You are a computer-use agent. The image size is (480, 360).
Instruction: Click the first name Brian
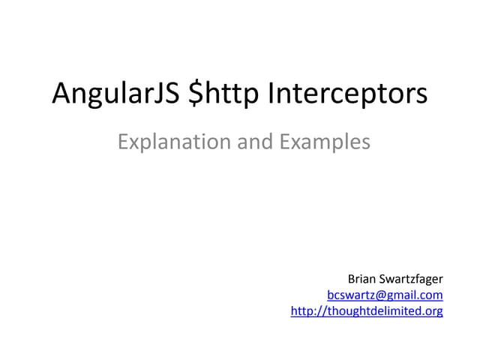[x=363, y=280]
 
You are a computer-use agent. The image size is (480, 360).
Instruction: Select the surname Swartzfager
[x=412, y=280]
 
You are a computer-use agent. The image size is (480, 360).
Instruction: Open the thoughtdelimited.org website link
[x=367, y=310]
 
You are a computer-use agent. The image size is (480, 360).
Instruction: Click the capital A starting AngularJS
[x=61, y=94]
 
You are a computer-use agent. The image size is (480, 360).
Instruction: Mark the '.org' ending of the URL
[x=432, y=310]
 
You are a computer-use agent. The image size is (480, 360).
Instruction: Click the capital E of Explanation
[x=124, y=141]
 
